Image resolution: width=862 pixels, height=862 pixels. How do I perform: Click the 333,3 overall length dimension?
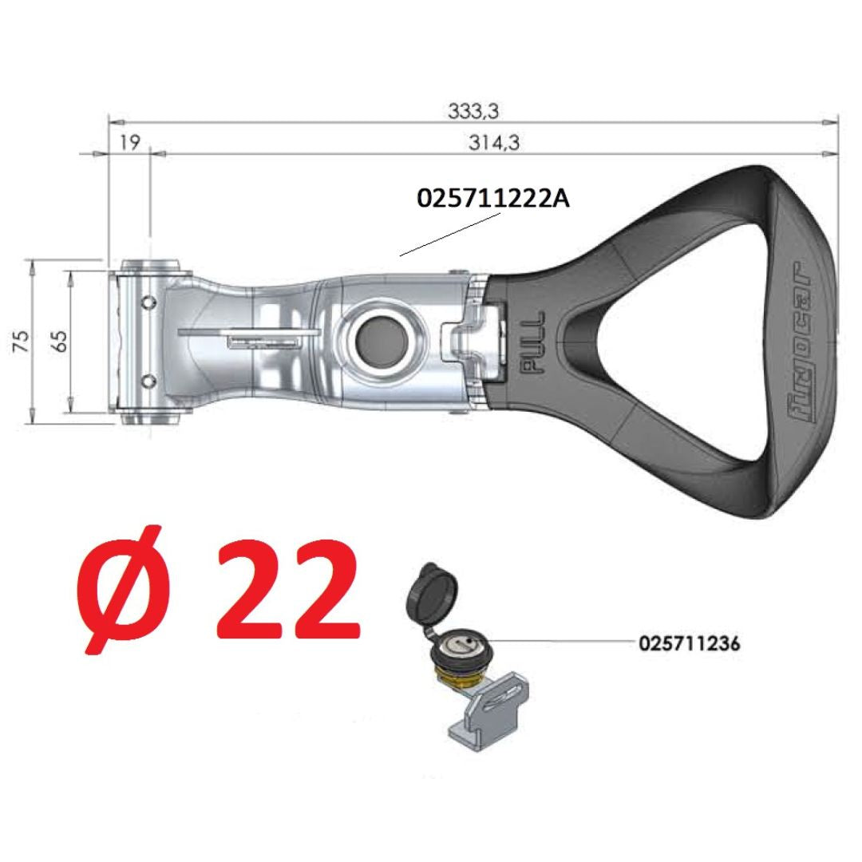473,112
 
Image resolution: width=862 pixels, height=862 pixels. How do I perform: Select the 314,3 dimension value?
494,143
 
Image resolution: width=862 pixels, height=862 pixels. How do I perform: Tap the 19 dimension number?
130,143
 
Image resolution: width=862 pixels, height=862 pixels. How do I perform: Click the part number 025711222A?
493,199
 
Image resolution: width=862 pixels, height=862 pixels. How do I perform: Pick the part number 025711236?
690,643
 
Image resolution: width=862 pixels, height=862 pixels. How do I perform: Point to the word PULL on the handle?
532,342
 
